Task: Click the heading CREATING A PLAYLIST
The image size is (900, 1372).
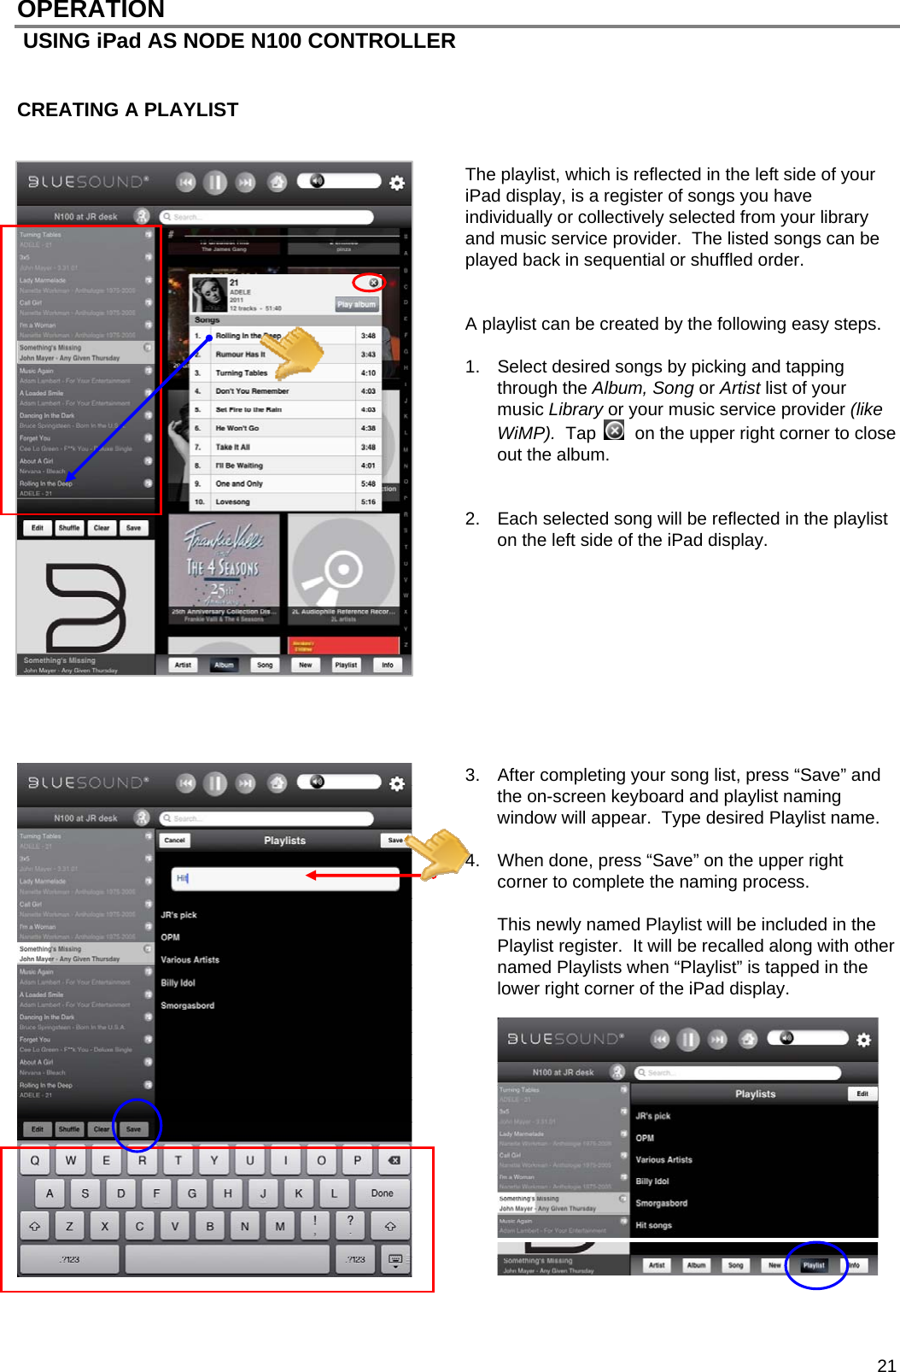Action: click(x=128, y=110)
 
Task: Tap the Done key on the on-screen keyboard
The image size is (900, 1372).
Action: click(x=382, y=1193)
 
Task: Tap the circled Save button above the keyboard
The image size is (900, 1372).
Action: click(x=134, y=1129)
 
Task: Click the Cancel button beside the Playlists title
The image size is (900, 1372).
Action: click(x=174, y=840)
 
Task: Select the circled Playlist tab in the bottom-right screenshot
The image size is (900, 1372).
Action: click(x=814, y=1265)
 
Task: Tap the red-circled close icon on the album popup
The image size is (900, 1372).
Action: click(x=373, y=283)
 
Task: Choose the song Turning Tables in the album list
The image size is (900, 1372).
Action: click(x=242, y=372)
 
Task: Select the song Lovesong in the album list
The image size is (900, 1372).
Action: click(x=233, y=501)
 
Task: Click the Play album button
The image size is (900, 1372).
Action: click(x=356, y=304)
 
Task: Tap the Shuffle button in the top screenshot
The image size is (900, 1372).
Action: click(x=69, y=528)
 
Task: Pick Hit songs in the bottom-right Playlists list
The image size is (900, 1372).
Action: click(x=654, y=1225)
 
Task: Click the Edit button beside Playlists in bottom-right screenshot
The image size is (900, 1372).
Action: click(x=862, y=1093)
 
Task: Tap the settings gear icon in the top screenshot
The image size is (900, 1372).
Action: click(x=397, y=183)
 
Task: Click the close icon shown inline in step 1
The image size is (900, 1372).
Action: click(x=614, y=431)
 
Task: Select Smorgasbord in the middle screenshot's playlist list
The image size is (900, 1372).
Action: click(x=188, y=1006)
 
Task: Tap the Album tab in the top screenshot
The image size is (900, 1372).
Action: click(x=224, y=665)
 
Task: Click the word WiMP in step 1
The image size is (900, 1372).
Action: click(x=523, y=433)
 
